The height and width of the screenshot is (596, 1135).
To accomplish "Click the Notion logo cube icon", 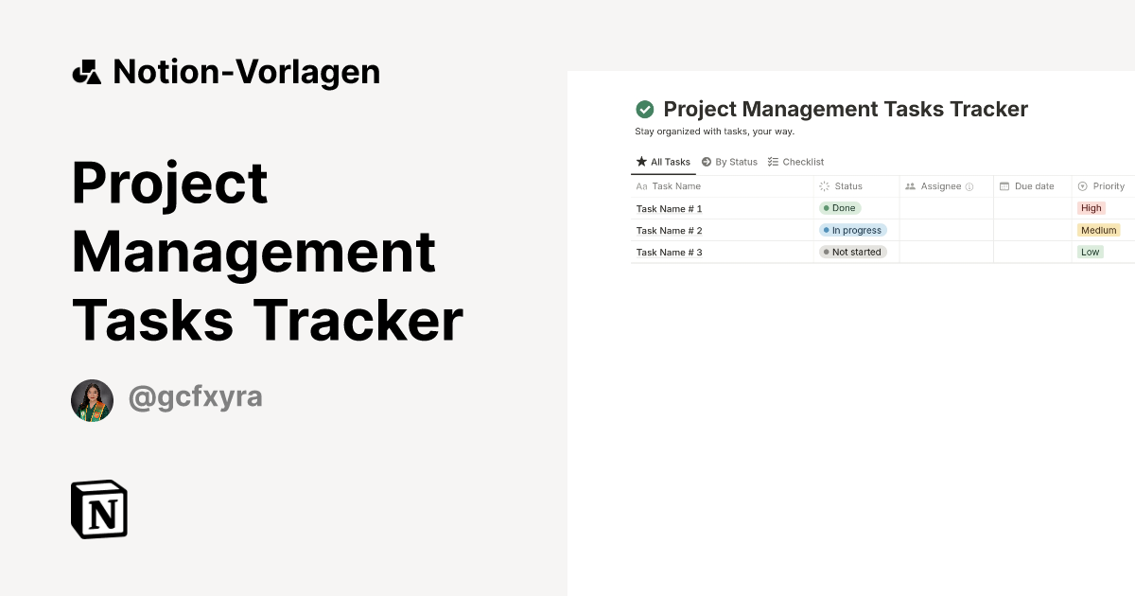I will tap(99, 509).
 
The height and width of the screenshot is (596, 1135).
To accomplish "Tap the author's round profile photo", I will tap(92, 400).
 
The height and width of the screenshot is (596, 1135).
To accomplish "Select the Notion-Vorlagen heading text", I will tap(246, 72).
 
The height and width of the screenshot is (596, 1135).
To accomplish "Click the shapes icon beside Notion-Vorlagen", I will tap(87, 72).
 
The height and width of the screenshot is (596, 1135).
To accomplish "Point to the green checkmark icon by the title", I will tap(645, 110).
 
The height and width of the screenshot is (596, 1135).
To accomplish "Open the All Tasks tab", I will tap(664, 162).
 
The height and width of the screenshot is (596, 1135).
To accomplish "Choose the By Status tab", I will tap(729, 162).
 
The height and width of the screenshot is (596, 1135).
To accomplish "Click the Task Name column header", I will tap(675, 186).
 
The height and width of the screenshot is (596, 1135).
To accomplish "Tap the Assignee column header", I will tap(940, 186).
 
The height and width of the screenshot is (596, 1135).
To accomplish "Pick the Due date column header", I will tap(1034, 186).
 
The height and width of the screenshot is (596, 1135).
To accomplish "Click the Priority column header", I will tap(1108, 186).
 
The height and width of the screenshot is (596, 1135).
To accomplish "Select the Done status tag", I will tap(840, 208).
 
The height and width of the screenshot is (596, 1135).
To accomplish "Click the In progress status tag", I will tap(852, 230).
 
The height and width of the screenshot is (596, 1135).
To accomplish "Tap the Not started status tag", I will tap(852, 252).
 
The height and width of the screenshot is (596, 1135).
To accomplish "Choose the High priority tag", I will tap(1091, 208).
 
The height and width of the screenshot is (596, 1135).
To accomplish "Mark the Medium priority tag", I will tap(1098, 230).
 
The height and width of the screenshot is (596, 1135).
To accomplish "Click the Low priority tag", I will tap(1090, 252).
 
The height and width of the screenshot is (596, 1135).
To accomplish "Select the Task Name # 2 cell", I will tap(670, 230).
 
